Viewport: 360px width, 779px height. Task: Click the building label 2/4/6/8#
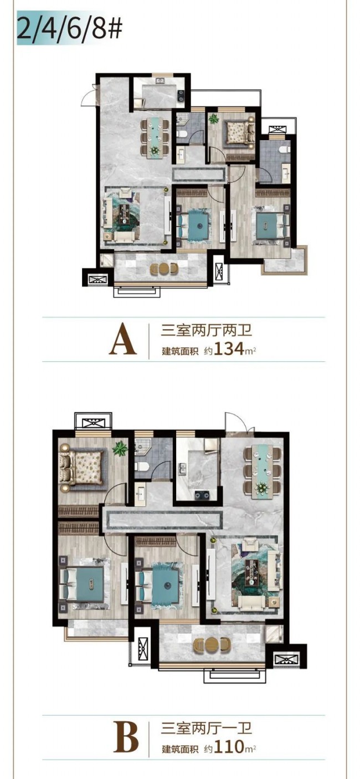point(69,27)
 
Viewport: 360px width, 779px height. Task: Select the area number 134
point(229,349)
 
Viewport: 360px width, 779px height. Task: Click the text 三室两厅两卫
point(207,330)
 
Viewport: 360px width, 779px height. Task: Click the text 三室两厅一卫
point(207,735)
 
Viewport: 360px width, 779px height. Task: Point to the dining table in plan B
point(263,468)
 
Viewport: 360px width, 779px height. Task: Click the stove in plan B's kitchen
point(202,494)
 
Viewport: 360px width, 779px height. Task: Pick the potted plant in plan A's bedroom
point(213,119)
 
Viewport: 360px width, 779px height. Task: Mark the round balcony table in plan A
point(163,269)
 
